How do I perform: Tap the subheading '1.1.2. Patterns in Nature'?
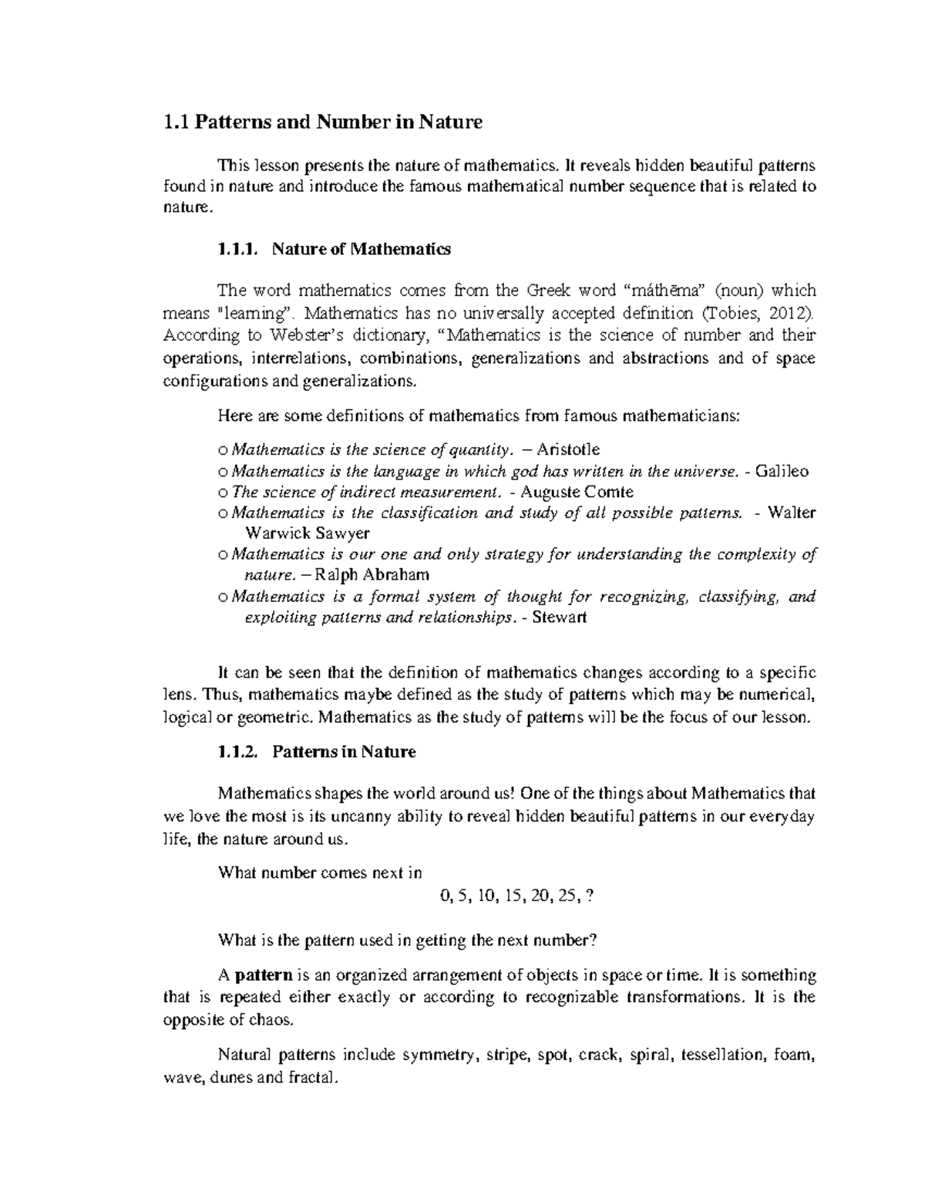pyautogui.click(x=317, y=751)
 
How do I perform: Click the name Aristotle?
pyautogui.click(x=568, y=449)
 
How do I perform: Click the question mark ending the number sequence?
pyautogui.click(x=590, y=896)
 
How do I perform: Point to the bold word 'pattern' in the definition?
pyautogui.click(x=263, y=975)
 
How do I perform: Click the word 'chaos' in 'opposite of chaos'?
pyautogui.click(x=274, y=1020)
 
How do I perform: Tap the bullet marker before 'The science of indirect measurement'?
pyautogui.click(x=223, y=493)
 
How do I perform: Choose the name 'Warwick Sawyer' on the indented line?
pyautogui.click(x=307, y=533)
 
